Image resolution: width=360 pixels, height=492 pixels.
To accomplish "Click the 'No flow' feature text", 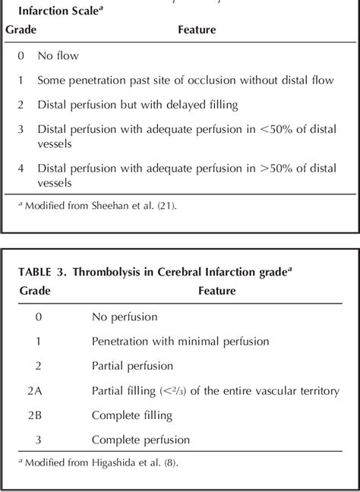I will [x=58, y=55].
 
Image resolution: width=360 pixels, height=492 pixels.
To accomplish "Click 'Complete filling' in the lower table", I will [x=131, y=415].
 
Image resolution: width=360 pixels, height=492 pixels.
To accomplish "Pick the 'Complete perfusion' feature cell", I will [x=141, y=440].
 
